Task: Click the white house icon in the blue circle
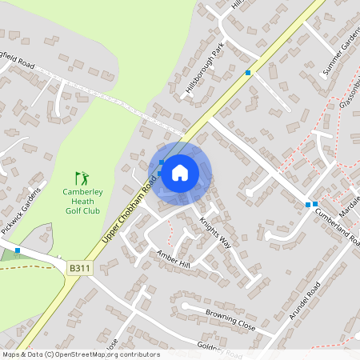click(x=180, y=172)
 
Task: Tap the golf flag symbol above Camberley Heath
click(x=80, y=178)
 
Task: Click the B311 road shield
click(x=77, y=268)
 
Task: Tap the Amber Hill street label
click(x=174, y=258)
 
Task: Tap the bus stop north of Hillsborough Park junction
click(x=248, y=73)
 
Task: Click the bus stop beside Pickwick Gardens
click(x=18, y=250)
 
